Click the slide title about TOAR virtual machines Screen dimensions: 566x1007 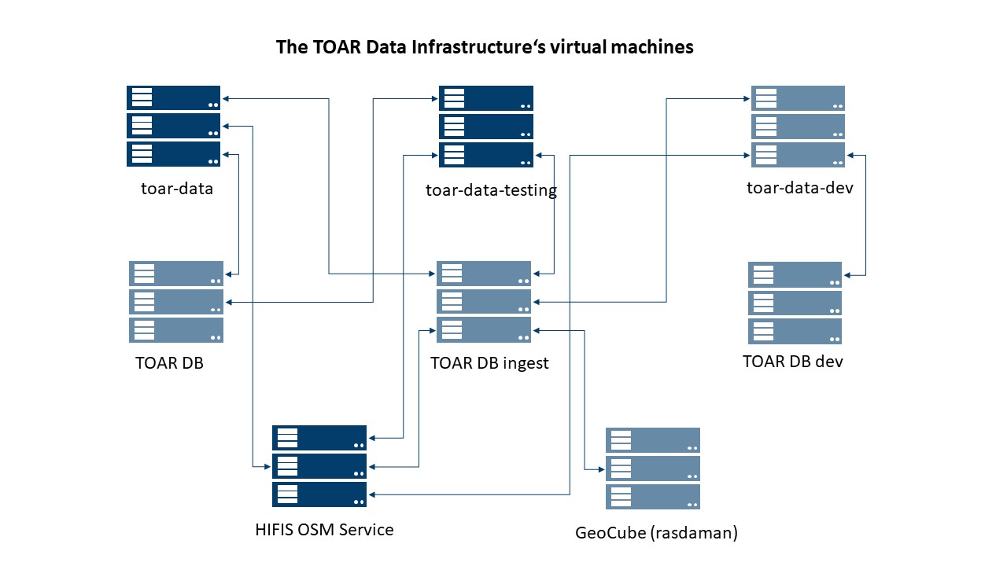pos(485,47)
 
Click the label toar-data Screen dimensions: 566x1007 pos(177,189)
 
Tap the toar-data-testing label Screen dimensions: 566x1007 pos(491,190)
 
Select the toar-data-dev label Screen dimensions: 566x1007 pos(800,188)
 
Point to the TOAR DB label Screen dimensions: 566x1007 pos(169,363)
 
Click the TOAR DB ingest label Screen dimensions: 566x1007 pos(489,363)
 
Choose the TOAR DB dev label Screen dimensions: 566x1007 pos(793,362)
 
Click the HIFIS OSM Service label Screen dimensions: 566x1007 pos(324,530)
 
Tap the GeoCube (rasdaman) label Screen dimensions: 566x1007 pos(657,533)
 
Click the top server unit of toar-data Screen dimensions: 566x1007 pos(174,98)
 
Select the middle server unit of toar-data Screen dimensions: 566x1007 pos(174,126)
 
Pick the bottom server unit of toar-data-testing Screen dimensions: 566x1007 pos(486,155)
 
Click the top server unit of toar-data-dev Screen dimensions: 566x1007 pos(799,98)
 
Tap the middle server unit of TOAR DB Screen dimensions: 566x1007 pos(176,302)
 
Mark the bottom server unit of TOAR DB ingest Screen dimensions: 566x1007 pos(484,330)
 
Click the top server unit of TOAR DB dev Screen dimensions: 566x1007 pos(795,275)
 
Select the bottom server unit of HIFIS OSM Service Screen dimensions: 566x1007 pos(319,494)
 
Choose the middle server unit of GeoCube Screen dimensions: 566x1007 pos(653,469)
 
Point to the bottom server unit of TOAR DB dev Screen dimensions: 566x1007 pos(795,331)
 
